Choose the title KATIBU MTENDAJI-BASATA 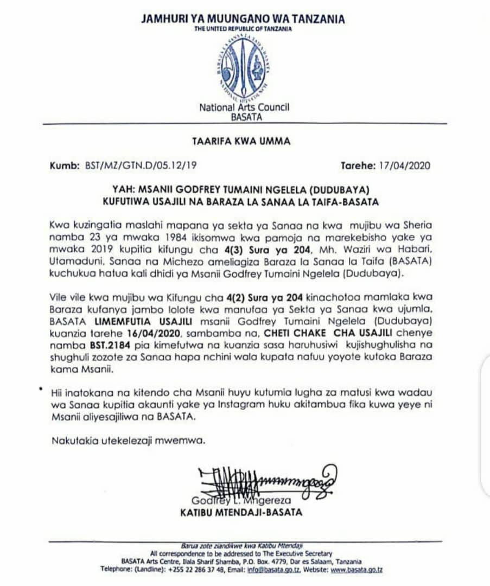click(x=241, y=512)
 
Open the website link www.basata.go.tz click(x=357, y=569)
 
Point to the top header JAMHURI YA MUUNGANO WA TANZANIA click(x=243, y=19)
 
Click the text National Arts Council click(x=244, y=107)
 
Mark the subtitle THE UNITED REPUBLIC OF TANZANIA click(x=243, y=29)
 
